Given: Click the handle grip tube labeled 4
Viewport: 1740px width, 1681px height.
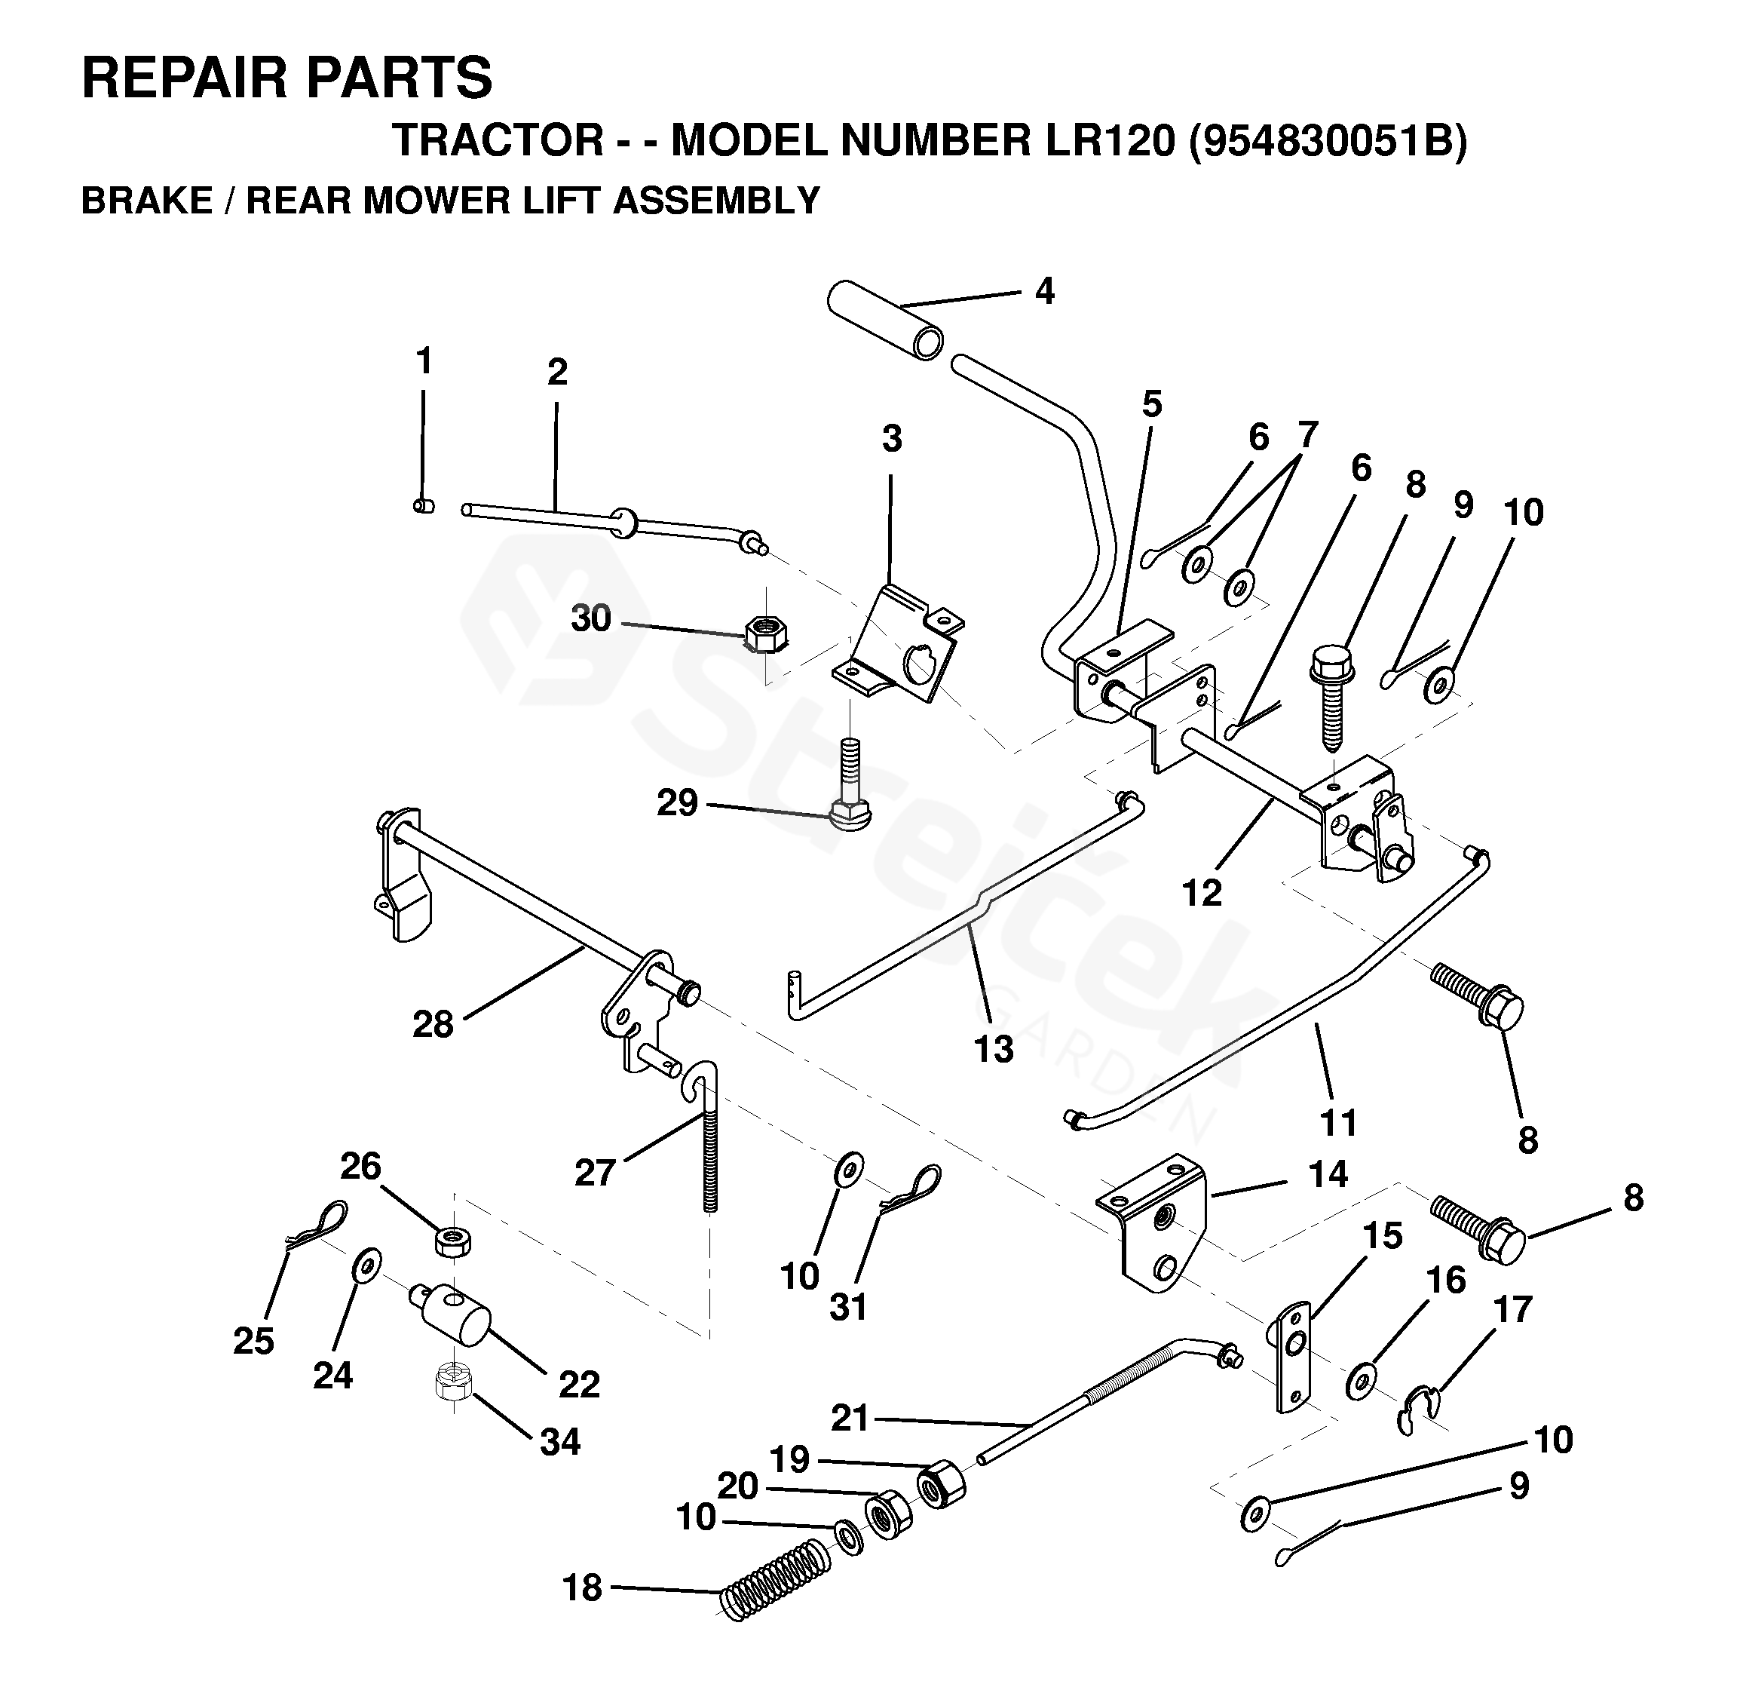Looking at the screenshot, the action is tap(884, 320).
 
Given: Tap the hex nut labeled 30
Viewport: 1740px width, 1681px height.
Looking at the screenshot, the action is tap(764, 633).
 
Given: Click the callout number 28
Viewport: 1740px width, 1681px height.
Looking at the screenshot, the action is tap(433, 1024).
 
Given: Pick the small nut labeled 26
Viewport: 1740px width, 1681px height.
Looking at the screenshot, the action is tap(453, 1240).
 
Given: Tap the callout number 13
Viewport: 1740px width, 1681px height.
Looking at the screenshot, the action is tap(994, 1049).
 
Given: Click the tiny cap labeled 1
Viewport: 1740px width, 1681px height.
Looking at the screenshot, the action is tap(424, 506).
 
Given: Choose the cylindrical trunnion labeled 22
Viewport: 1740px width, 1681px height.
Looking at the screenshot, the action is tap(453, 1309).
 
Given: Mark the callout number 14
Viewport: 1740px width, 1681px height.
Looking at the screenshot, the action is tap(1329, 1175).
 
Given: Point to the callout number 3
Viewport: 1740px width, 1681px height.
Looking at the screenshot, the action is tap(892, 439).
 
